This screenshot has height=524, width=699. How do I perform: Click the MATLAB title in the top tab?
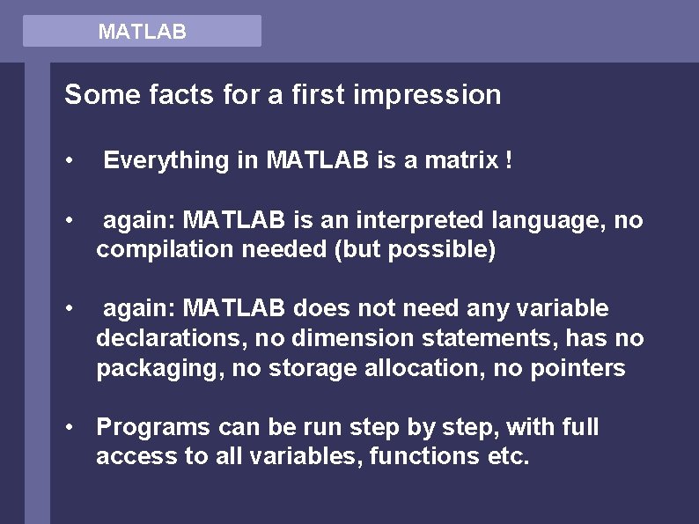142,33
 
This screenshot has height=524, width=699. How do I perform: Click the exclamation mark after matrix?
509,160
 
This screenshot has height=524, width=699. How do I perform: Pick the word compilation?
158,251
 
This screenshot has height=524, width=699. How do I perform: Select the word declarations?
159,338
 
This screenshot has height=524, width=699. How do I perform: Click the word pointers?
578,368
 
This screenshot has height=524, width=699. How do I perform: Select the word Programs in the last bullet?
151,428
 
